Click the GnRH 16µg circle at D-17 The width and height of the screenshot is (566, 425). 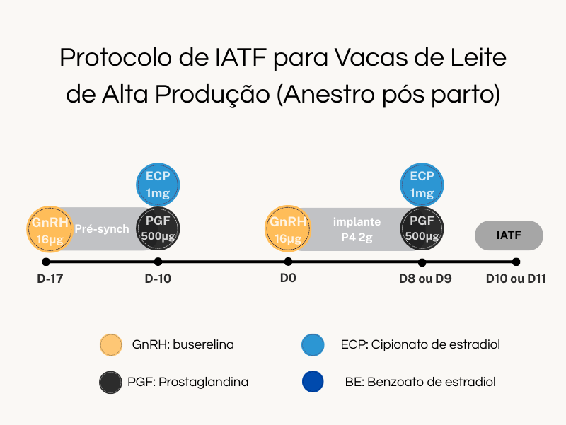[50, 229]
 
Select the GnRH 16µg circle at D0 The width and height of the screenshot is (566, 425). [288, 228]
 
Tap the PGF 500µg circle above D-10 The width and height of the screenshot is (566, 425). [158, 228]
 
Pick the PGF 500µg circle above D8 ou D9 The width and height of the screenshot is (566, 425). [422, 228]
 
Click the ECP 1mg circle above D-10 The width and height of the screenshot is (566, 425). [158, 185]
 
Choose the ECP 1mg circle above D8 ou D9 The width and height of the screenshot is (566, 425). [422, 185]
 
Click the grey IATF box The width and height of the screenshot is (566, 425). [509, 235]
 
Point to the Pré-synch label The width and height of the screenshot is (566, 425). [102, 228]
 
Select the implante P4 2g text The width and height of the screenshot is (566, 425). [357, 229]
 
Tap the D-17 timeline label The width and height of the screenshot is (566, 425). [50, 279]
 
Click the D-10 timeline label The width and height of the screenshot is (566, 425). [158, 279]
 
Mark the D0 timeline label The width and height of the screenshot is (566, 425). [288, 278]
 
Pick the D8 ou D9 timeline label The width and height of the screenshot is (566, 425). [425, 279]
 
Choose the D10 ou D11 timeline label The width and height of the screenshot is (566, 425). [516, 279]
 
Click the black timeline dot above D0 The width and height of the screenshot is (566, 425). [288, 261]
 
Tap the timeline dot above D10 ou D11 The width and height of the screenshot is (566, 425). [516, 262]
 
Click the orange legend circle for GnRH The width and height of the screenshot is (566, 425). [111, 345]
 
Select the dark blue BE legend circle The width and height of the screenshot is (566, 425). [313, 382]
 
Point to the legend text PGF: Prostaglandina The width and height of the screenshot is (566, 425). [187, 382]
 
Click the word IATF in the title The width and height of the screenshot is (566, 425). [241, 57]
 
